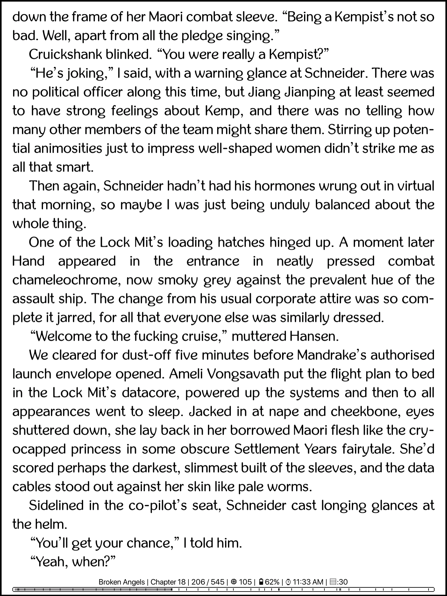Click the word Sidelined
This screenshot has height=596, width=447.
pos(56,505)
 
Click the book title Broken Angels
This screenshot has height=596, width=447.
pos(121,582)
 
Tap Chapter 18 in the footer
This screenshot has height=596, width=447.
pos(168,582)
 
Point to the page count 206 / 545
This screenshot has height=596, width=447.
pos(208,582)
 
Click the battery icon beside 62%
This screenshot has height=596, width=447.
pos(261,582)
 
